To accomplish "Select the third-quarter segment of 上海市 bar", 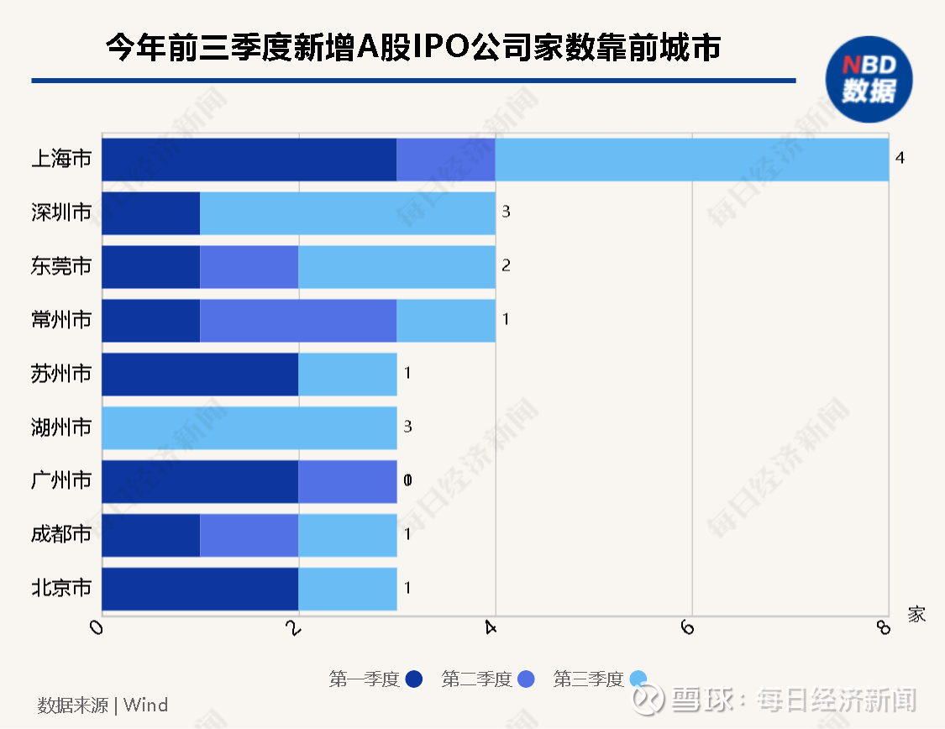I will tap(692, 159).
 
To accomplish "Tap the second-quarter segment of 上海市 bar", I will tap(446, 159).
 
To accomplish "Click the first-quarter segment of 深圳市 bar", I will tap(151, 212).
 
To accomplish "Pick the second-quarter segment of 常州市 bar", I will tap(298, 320).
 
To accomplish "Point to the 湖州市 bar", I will tap(249, 427).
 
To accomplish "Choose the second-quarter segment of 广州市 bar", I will tap(348, 481).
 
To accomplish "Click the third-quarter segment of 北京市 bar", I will tap(348, 589).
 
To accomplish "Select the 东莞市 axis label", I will tap(61, 266).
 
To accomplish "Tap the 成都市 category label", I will tap(61, 535).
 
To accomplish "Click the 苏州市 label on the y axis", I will tap(61, 374).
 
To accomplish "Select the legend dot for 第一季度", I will tap(414, 679).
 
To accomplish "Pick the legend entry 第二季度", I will tap(476, 679).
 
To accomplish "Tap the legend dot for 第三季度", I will tap(638, 679).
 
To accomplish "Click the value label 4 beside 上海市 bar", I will tap(900, 158).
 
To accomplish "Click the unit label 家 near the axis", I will tap(916, 615).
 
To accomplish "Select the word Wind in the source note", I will tap(146, 705).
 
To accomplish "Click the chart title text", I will tap(412, 48).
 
